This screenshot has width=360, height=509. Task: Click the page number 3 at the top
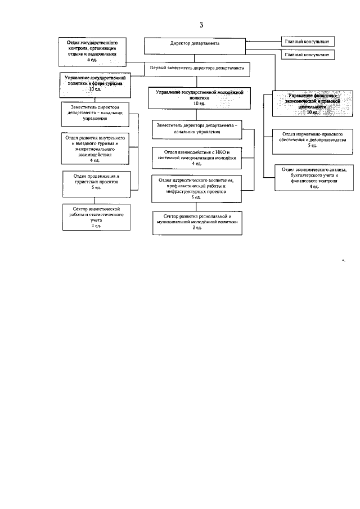pos(201,25)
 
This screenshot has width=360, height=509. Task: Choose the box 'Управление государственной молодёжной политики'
pos(195,97)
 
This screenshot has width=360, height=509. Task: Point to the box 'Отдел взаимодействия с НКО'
pos(197,157)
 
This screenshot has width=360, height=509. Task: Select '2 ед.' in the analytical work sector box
pos(96,226)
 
